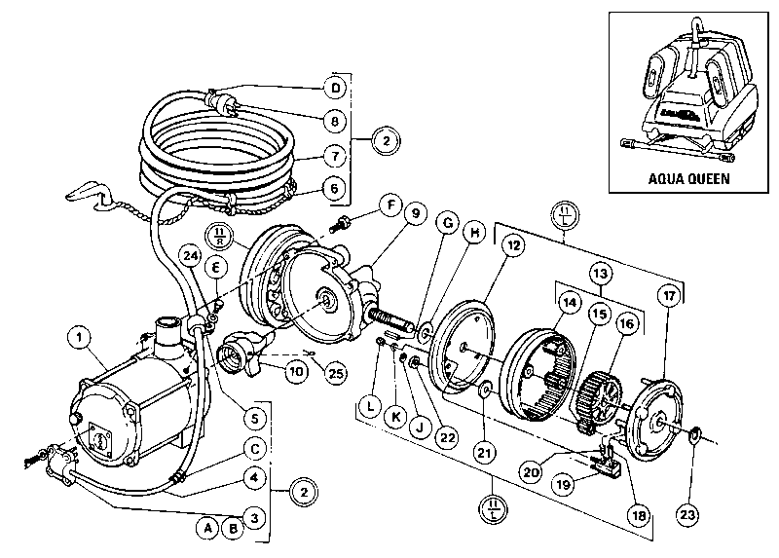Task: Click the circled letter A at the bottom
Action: tap(205, 528)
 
